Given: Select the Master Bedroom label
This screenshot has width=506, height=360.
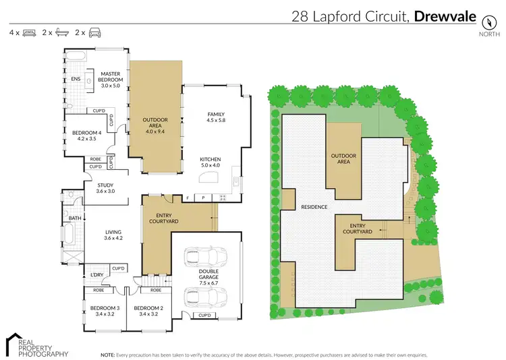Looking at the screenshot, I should coord(110,77).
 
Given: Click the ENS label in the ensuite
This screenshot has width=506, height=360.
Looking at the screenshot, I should coord(76,79).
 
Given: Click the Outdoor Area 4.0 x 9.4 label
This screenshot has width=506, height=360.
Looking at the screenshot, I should coord(154,125).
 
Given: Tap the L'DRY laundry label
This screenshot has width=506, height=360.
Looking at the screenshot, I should coord(96,274).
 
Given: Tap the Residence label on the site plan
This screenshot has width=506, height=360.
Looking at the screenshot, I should coord(314,207).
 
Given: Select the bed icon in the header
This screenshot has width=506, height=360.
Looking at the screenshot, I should coord(29,32).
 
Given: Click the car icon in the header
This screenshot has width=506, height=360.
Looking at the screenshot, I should coord(94,32).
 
